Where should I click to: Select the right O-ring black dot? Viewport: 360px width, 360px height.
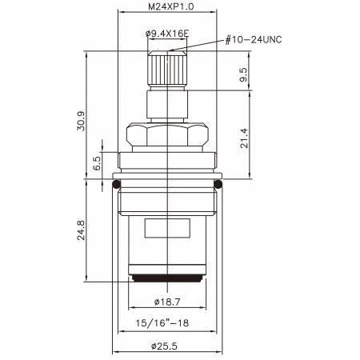218,186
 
